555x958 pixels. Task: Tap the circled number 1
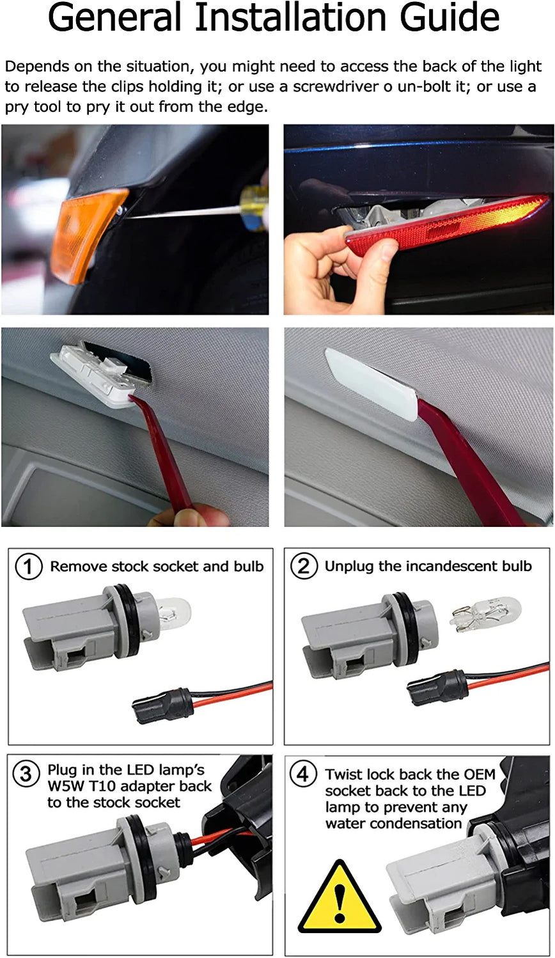click(28, 567)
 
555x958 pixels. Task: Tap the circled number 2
click(304, 567)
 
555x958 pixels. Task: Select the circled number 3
click(26, 774)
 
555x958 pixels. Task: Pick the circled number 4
click(303, 774)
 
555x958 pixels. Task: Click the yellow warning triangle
click(340, 900)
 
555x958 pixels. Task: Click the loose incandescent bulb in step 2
click(486, 613)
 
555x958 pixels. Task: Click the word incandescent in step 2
click(440, 566)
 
